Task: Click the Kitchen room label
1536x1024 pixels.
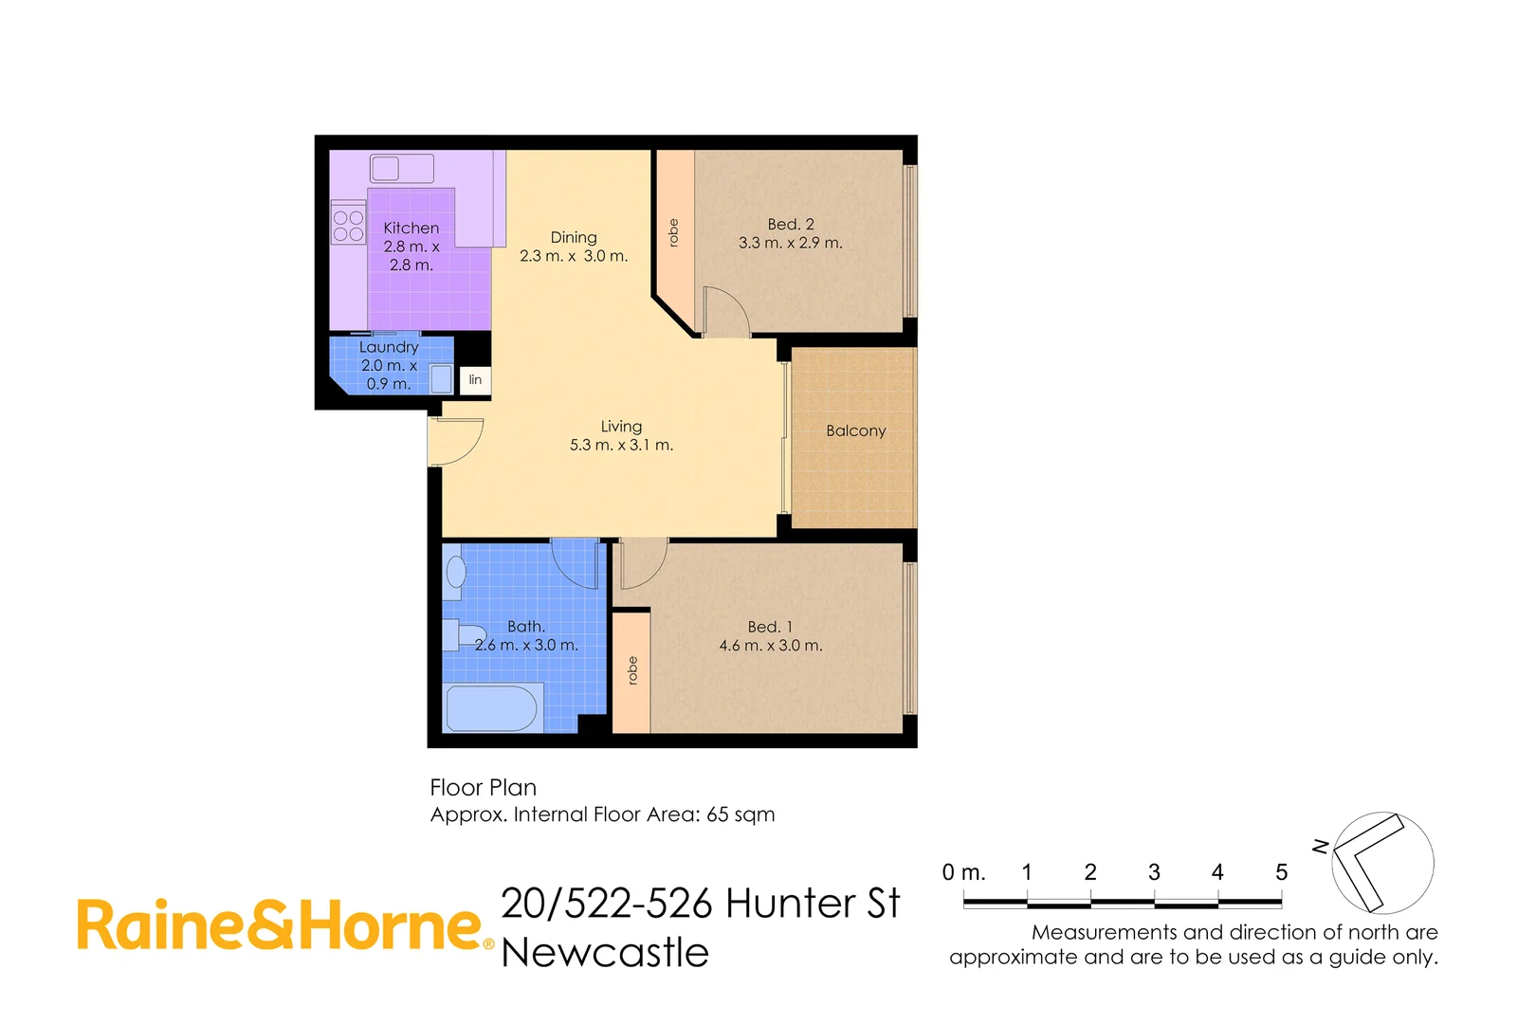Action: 411,229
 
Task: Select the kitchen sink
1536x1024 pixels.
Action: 401,169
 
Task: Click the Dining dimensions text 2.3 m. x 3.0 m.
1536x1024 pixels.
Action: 574,256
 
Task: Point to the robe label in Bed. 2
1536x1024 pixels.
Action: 674,233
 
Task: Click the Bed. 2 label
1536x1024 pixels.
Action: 791,225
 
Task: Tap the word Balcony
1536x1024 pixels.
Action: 855,430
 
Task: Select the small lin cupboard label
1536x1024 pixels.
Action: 475,379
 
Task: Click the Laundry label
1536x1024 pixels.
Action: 389,347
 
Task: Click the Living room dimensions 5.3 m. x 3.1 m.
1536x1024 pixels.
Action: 621,445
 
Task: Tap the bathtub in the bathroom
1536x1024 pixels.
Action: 491,708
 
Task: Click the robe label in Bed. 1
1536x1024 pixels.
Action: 632,671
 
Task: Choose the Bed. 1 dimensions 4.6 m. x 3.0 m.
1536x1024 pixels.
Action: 770,646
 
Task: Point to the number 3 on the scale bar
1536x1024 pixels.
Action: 1154,872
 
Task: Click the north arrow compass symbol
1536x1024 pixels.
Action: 1381,862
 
